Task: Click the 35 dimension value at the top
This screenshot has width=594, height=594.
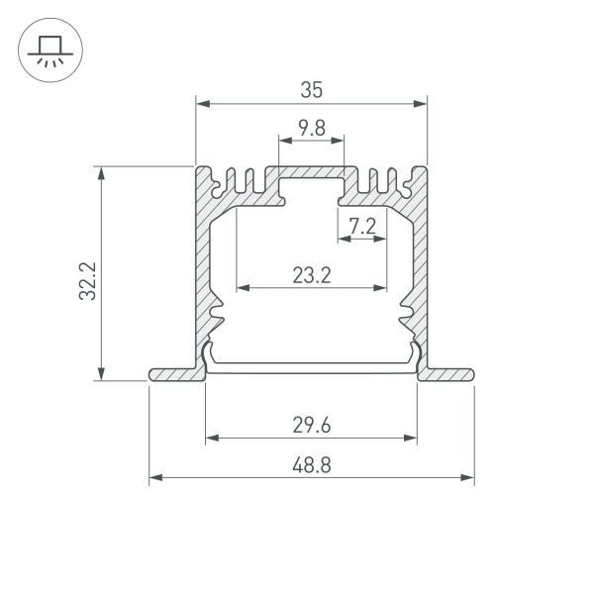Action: [311, 89]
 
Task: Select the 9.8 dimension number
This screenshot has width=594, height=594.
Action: [311, 128]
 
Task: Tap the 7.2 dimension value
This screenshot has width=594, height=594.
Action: [362, 226]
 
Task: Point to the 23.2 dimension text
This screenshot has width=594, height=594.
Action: [311, 275]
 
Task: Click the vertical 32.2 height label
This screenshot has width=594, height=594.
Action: [87, 281]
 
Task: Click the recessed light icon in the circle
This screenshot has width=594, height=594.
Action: [47, 50]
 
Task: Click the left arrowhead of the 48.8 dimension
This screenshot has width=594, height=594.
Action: [154, 478]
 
